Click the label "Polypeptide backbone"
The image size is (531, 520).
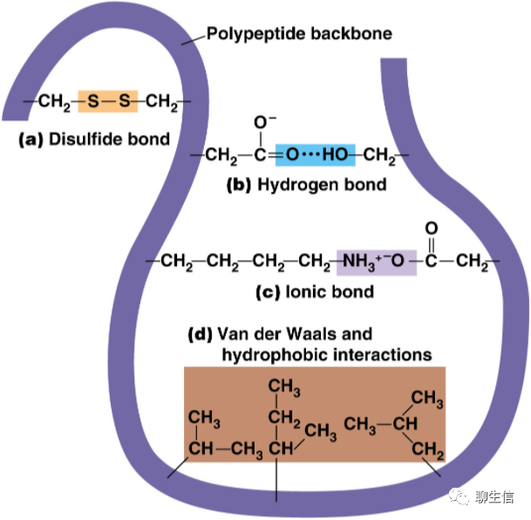[299, 35]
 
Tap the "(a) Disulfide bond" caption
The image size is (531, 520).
[94, 140]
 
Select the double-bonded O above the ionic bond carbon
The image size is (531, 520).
[432, 229]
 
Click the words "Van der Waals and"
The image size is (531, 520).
[281, 334]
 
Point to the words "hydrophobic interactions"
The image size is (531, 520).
[327, 354]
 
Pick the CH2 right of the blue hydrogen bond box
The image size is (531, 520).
[381, 157]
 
